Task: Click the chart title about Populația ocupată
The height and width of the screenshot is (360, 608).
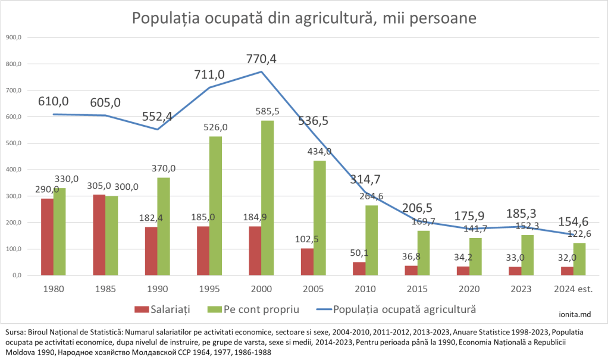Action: (304, 18)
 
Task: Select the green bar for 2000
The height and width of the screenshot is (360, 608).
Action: (268, 198)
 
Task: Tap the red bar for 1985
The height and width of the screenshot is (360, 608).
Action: (99, 235)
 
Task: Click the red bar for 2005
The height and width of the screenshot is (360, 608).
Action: (307, 262)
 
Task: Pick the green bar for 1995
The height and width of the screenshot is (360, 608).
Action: (216, 206)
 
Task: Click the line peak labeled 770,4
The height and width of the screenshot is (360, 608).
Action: (262, 72)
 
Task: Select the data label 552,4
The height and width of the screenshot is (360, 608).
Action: (157, 117)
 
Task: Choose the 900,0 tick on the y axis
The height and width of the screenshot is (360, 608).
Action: (13, 37)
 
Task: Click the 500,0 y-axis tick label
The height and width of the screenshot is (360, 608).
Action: (13, 143)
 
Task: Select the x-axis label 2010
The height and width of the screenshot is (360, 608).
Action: (365, 289)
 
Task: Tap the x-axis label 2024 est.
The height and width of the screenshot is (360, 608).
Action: (574, 289)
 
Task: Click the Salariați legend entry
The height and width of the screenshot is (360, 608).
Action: (170, 309)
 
